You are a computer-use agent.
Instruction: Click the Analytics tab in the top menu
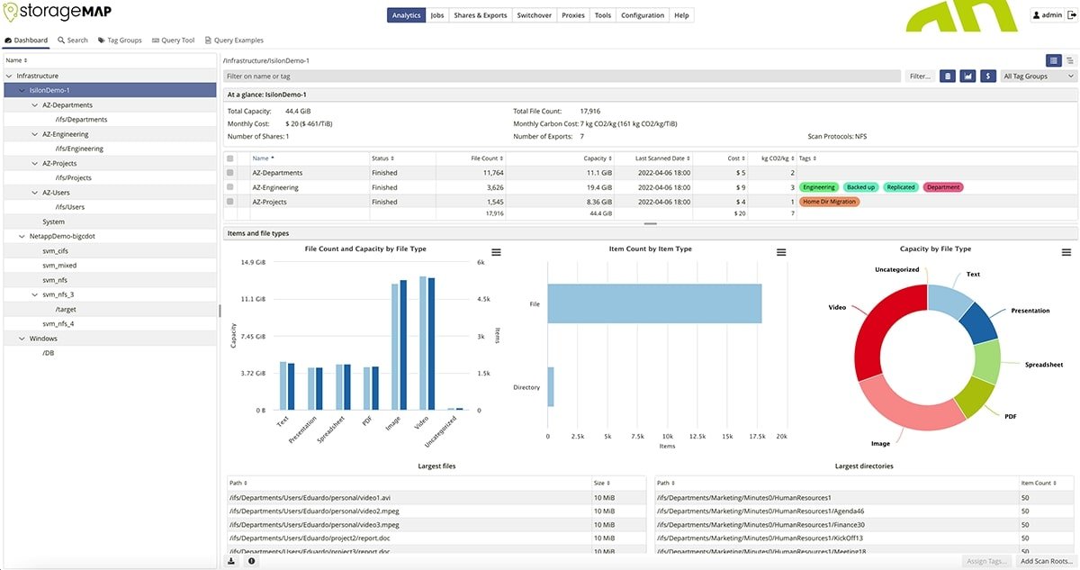(406, 15)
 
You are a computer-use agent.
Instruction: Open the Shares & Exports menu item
(481, 15)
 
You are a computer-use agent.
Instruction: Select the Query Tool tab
(173, 41)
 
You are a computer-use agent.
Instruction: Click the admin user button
(1052, 15)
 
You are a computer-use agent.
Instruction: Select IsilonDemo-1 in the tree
(49, 90)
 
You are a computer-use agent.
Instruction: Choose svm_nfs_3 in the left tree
(58, 294)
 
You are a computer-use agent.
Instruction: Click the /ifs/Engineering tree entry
(79, 149)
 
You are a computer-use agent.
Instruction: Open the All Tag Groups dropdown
(1039, 77)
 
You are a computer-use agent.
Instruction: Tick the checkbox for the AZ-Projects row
(230, 202)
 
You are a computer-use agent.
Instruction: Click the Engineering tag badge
(819, 187)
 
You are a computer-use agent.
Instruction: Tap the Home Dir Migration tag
(830, 202)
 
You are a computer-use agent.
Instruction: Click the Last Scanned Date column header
(661, 158)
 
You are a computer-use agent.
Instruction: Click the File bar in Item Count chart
(654, 303)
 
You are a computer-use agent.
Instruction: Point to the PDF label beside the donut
(1011, 416)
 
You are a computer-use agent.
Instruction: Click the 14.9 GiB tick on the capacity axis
(252, 262)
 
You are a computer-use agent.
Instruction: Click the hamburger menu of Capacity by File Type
(1066, 253)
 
